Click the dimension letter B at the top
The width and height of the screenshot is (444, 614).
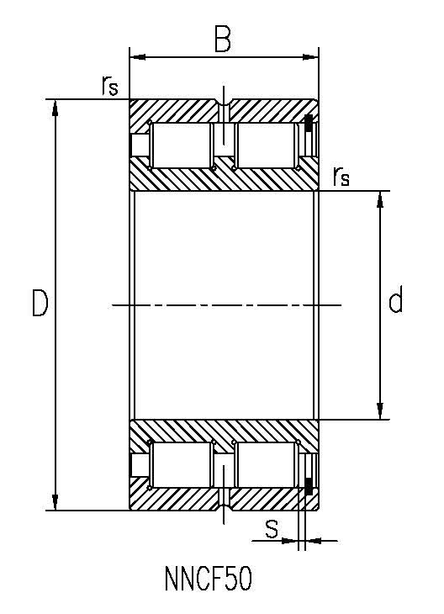click(x=223, y=39)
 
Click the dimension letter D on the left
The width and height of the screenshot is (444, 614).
click(x=40, y=303)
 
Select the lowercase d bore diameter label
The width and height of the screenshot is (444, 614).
click(x=396, y=299)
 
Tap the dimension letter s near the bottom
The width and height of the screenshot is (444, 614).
click(x=272, y=529)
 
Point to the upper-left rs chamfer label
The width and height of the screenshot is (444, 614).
click(x=109, y=85)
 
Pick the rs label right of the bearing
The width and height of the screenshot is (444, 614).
click(x=341, y=176)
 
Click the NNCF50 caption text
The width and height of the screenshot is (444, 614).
click(x=209, y=579)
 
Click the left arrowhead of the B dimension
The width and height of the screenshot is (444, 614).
click(x=137, y=57)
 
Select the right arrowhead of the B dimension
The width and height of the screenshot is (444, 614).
click(x=311, y=57)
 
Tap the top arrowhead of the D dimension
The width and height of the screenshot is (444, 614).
click(x=55, y=108)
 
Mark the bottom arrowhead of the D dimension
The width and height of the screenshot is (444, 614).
click(x=55, y=502)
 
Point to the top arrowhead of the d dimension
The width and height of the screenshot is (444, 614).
click(x=379, y=199)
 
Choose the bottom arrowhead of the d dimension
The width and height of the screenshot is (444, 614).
click(x=379, y=410)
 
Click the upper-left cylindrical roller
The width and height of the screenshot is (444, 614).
click(x=182, y=146)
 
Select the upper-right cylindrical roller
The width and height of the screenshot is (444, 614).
click(x=267, y=146)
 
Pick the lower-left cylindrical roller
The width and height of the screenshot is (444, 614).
click(x=182, y=465)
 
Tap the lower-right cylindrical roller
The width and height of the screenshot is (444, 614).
click(x=267, y=465)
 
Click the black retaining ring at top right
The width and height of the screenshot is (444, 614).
click(x=309, y=124)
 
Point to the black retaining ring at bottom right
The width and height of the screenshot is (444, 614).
click(x=309, y=486)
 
